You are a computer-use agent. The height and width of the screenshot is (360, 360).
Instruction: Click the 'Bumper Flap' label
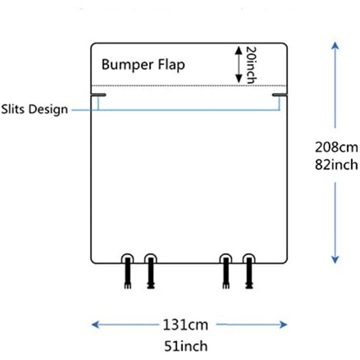(142, 65)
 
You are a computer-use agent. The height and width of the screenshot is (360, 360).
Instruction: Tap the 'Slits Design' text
(34, 109)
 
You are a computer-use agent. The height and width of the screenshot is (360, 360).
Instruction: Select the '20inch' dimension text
(250, 65)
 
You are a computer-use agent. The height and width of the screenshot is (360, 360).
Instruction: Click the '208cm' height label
(335, 147)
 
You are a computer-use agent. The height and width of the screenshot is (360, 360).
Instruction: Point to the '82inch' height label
(335, 165)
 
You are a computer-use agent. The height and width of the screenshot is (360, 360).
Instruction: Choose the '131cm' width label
(186, 325)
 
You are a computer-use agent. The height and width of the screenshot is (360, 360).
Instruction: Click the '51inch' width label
(186, 345)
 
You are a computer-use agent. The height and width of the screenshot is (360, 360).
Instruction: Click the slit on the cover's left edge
(99, 95)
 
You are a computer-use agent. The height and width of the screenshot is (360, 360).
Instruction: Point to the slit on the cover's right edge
(279, 95)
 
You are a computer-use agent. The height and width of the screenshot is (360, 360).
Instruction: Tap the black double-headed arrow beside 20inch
(238, 65)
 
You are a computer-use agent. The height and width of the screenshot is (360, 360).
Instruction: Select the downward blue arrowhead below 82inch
(335, 260)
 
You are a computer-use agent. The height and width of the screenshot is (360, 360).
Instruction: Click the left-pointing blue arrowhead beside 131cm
(96, 325)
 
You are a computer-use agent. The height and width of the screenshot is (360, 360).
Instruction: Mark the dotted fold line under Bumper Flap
(189, 85)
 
